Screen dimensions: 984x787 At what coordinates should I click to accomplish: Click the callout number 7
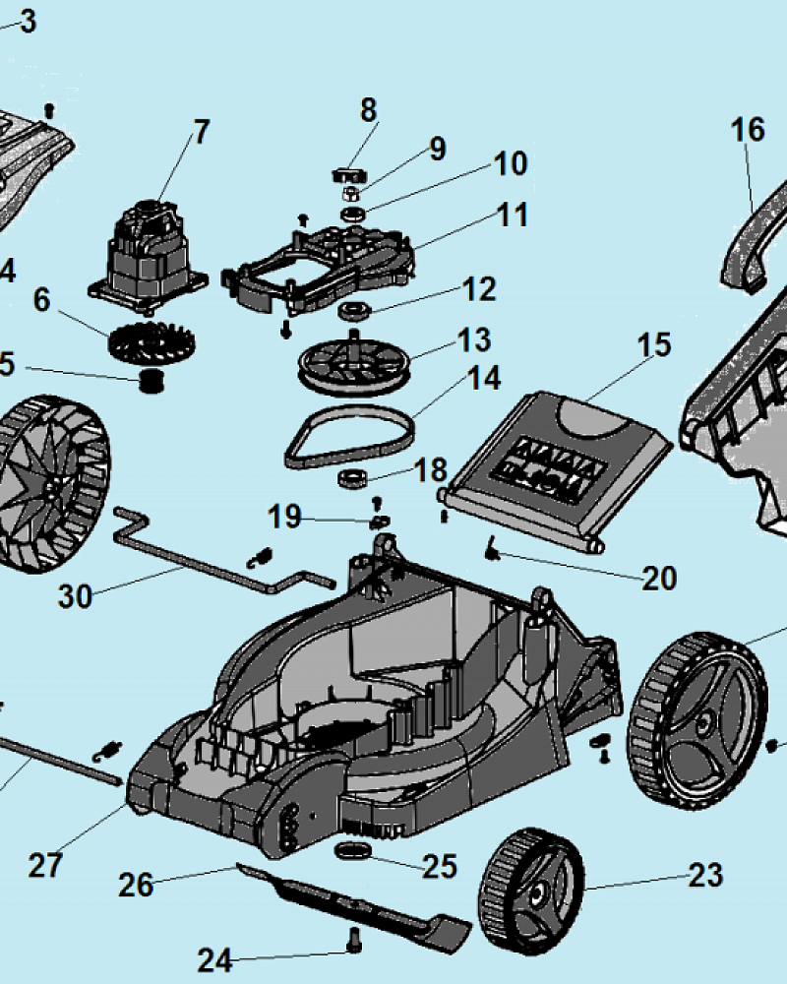(x=201, y=131)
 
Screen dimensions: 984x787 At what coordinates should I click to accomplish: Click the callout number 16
(x=748, y=129)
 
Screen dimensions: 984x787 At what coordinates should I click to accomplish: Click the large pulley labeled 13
(x=352, y=363)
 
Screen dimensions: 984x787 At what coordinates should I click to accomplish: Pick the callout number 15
(x=653, y=344)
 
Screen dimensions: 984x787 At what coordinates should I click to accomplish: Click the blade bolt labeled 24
(x=353, y=942)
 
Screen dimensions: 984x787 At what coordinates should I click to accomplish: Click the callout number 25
(x=439, y=866)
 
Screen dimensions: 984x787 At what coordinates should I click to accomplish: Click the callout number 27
(x=45, y=866)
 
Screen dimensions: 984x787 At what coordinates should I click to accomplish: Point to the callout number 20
(x=659, y=578)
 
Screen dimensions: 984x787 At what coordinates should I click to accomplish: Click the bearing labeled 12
(x=352, y=313)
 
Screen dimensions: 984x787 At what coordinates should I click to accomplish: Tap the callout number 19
(x=285, y=517)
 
